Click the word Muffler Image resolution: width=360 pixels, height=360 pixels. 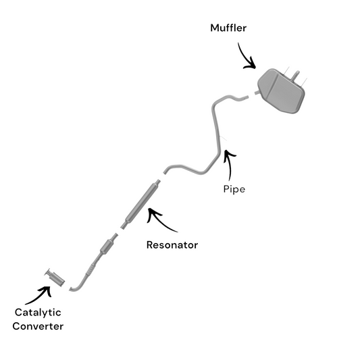tap(228, 28)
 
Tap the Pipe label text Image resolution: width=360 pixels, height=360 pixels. tap(234, 189)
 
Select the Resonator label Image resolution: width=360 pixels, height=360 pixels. tap(172, 245)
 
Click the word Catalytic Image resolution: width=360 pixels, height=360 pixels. tap(38, 313)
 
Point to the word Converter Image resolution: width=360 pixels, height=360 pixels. tap(38, 326)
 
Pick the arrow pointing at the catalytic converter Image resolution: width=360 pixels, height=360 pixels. tap(40, 295)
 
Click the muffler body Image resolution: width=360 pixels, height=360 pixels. tap(281, 91)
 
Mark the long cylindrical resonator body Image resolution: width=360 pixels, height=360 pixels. tap(143, 202)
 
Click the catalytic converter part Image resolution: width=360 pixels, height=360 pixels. tap(55, 278)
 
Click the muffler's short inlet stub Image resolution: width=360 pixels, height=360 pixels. tap(257, 93)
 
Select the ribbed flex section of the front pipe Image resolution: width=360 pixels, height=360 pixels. tap(91, 269)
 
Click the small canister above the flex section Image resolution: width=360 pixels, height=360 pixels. tap(107, 247)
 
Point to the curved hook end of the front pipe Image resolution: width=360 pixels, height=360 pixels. tap(74, 288)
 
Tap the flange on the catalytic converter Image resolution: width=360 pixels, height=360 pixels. tap(48, 272)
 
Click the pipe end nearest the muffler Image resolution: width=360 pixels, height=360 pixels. tap(246, 97)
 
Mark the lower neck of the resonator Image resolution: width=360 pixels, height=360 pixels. tap(124, 226)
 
